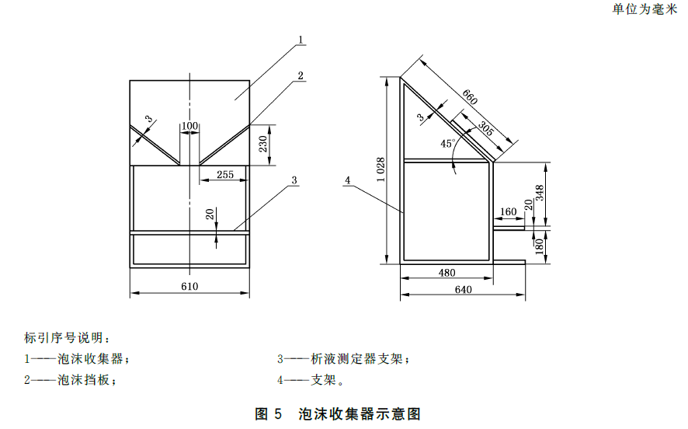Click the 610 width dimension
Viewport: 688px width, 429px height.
point(189,286)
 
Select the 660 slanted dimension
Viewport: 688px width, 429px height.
point(469,97)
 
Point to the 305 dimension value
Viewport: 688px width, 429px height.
point(485,128)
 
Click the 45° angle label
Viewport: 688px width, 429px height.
point(447,143)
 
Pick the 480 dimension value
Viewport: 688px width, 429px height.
point(447,273)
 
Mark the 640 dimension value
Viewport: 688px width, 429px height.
point(463,289)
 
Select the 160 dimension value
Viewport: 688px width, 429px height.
point(509,211)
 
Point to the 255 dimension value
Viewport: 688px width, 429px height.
point(224,175)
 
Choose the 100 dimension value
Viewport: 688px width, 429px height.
point(189,126)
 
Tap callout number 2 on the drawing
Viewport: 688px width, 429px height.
point(300,75)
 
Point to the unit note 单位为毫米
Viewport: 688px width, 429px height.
point(644,9)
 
